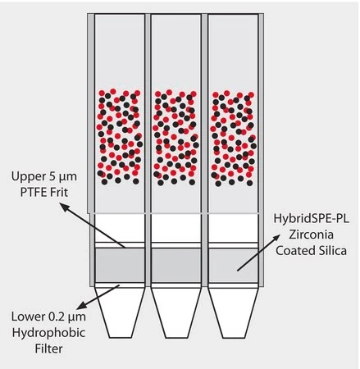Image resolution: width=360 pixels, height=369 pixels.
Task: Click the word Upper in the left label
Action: [28, 176]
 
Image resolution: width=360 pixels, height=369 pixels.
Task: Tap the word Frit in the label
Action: [59, 193]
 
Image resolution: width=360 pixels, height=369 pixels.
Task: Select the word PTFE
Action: [33, 193]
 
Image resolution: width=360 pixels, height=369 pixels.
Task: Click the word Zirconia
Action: [311, 235]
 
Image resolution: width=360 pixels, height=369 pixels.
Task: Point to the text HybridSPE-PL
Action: [312, 219]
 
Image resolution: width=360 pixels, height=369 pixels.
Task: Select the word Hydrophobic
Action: [48, 333]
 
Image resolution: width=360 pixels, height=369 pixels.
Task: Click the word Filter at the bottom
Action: [48, 348]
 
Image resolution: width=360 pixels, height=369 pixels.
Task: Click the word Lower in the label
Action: [29, 317]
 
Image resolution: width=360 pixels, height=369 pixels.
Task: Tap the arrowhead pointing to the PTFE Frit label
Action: [64, 207]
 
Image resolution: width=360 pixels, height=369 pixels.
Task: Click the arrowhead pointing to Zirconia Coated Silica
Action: [276, 238]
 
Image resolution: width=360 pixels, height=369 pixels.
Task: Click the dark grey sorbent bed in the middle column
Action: [176, 265]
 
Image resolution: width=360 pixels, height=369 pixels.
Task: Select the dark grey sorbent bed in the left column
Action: [120, 265]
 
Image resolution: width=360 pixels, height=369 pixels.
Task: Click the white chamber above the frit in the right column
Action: [233, 228]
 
